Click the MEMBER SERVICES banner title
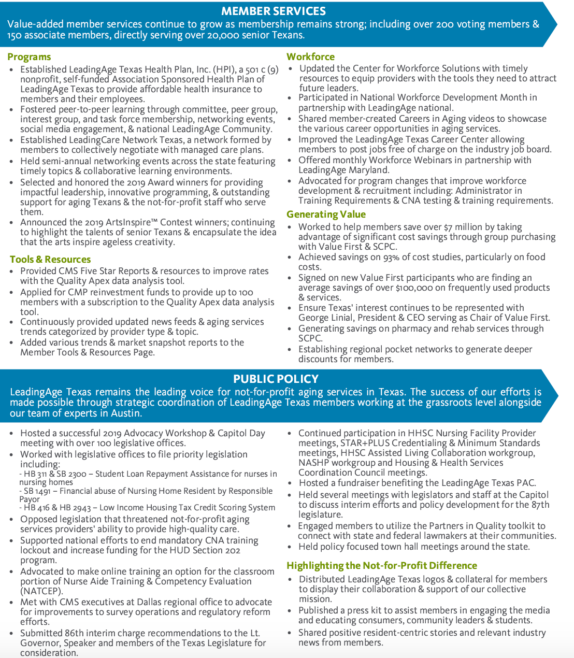click(273, 11)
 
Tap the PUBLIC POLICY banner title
click(276, 379)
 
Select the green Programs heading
click(29, 57)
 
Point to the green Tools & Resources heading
click(50, 260)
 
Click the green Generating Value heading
click(326, 214)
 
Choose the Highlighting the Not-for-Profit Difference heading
click(382, 566)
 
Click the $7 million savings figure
click(467, 227)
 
